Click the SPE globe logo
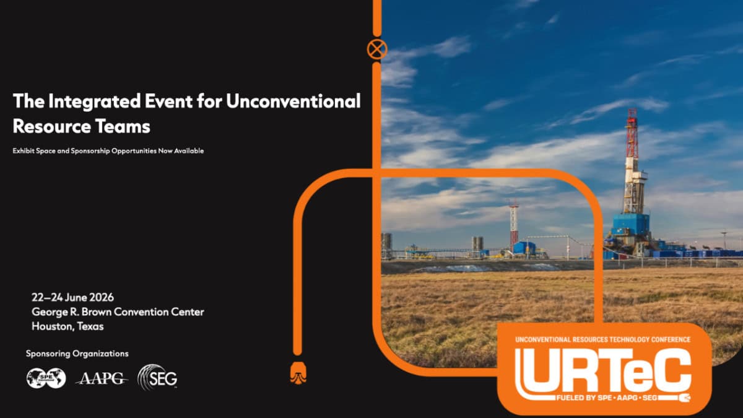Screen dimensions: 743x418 [46, 378]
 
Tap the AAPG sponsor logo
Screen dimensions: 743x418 [102, 378]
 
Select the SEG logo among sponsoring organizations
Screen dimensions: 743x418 [157, 377]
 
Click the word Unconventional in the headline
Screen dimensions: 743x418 [293, 101]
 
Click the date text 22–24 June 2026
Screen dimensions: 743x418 [72, 297]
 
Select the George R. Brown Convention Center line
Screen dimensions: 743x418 [118, 312]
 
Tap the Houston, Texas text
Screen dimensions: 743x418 [67, 326]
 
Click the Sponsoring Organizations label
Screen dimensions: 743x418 [77, 354]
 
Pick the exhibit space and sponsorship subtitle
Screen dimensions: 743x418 [108, 151]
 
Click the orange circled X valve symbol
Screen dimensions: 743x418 [377, 50]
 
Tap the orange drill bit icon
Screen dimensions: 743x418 [298, 373]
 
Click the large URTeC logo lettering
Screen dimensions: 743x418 [602, 371]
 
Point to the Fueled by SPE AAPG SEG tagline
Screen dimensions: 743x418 [607, 398]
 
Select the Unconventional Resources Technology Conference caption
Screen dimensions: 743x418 [602, 339]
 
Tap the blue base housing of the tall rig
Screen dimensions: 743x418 [630, 225]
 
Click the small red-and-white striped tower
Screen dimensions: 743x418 [514, 224]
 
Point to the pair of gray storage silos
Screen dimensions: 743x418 [477, 243]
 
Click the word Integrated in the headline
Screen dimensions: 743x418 [94, 102]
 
